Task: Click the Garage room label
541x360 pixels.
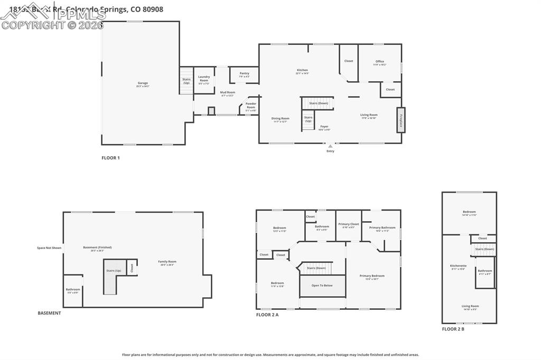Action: point(143,83)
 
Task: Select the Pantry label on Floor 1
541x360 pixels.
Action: point(244,74)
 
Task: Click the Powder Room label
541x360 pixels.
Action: point(251,106)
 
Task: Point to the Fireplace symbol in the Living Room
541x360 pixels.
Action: point(401,120)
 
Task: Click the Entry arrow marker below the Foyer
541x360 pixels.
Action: point(330,146)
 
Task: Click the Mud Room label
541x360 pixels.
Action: point(227,93)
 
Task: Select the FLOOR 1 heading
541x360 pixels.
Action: point(110,158)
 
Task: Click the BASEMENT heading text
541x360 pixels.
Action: point(49,313)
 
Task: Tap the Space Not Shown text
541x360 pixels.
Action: point(49,248)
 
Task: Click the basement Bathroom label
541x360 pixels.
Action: point(73,290)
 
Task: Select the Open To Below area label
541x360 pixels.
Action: point(322,286)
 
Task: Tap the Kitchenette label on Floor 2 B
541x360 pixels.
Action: point(458,267)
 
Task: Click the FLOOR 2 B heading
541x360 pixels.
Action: point(453,329)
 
